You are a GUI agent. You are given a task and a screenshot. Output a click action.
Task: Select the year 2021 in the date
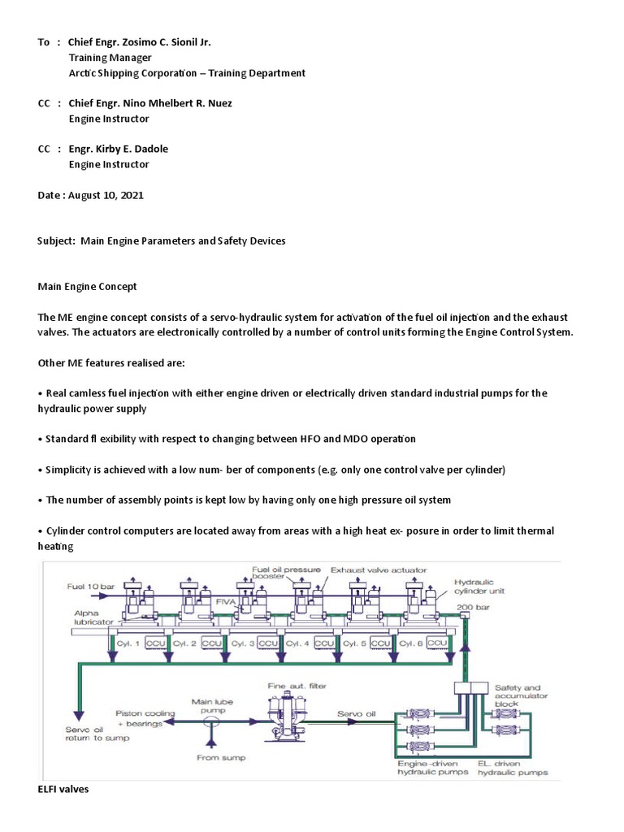[x=132, y=196]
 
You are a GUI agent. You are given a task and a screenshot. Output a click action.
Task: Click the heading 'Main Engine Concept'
[x=88, y=287]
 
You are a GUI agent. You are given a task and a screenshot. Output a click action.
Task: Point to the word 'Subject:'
[x=57, y=241]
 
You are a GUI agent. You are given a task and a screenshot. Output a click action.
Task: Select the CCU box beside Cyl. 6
[x=437, y=643]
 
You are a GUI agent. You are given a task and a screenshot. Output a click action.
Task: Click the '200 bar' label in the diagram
[x=468, y=607]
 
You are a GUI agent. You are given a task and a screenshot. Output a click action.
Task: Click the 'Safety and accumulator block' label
[x=521, y=695]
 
